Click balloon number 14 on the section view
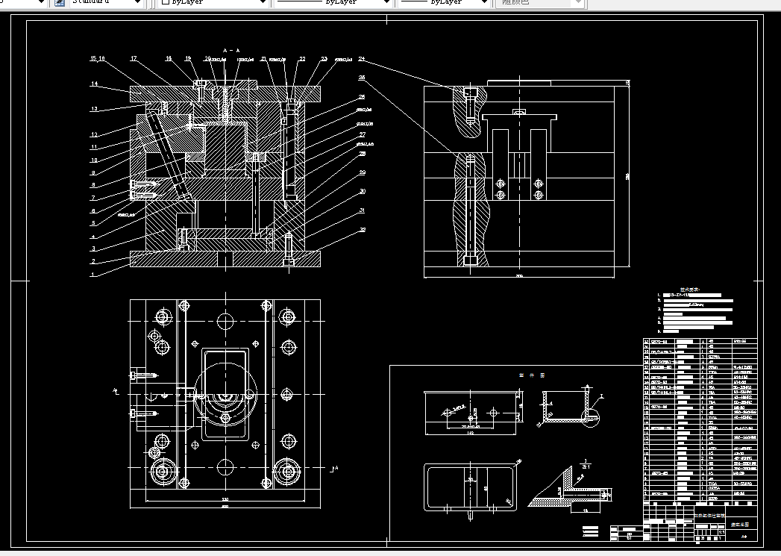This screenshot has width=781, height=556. [95, 84]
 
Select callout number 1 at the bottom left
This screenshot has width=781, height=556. [92, 275]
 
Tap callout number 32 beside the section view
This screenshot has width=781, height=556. [363, 230]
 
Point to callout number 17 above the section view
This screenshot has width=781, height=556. [134, 58]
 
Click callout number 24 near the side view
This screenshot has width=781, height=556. [362, 58]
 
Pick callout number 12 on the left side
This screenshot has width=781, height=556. [95, 134]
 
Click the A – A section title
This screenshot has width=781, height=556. [230, 50]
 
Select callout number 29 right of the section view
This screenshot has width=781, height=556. [363, 172]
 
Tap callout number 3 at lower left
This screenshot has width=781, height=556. [93, 249]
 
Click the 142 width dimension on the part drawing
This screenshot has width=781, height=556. [471, 432]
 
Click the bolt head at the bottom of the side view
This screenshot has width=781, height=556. [469, 260]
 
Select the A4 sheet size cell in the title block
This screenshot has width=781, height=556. [743, 536]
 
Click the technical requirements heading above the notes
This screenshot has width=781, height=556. [688, 290]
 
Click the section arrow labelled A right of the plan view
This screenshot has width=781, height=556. [335, 468]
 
